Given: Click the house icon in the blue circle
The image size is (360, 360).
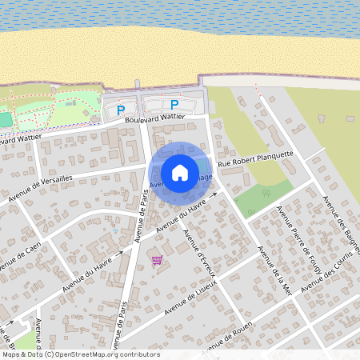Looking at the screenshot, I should (180, 172).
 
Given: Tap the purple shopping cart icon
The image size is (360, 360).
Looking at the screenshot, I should (157, 260).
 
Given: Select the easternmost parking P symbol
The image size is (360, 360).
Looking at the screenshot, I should (174, 104).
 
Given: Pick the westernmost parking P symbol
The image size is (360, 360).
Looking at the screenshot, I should (121, 110).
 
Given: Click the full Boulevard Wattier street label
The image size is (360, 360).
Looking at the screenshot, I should (155, 119).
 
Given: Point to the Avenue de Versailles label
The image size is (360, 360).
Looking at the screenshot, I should (40, 189).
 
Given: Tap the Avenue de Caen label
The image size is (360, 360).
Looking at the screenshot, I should (20, 254).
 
